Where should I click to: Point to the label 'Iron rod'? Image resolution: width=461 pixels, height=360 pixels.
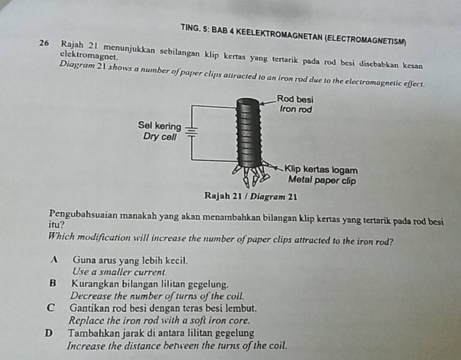296,109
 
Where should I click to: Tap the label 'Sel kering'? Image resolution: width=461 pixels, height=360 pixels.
159,125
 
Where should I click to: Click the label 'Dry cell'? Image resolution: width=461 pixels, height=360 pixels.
160,137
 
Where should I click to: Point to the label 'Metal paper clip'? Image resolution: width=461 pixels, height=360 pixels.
322,180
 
